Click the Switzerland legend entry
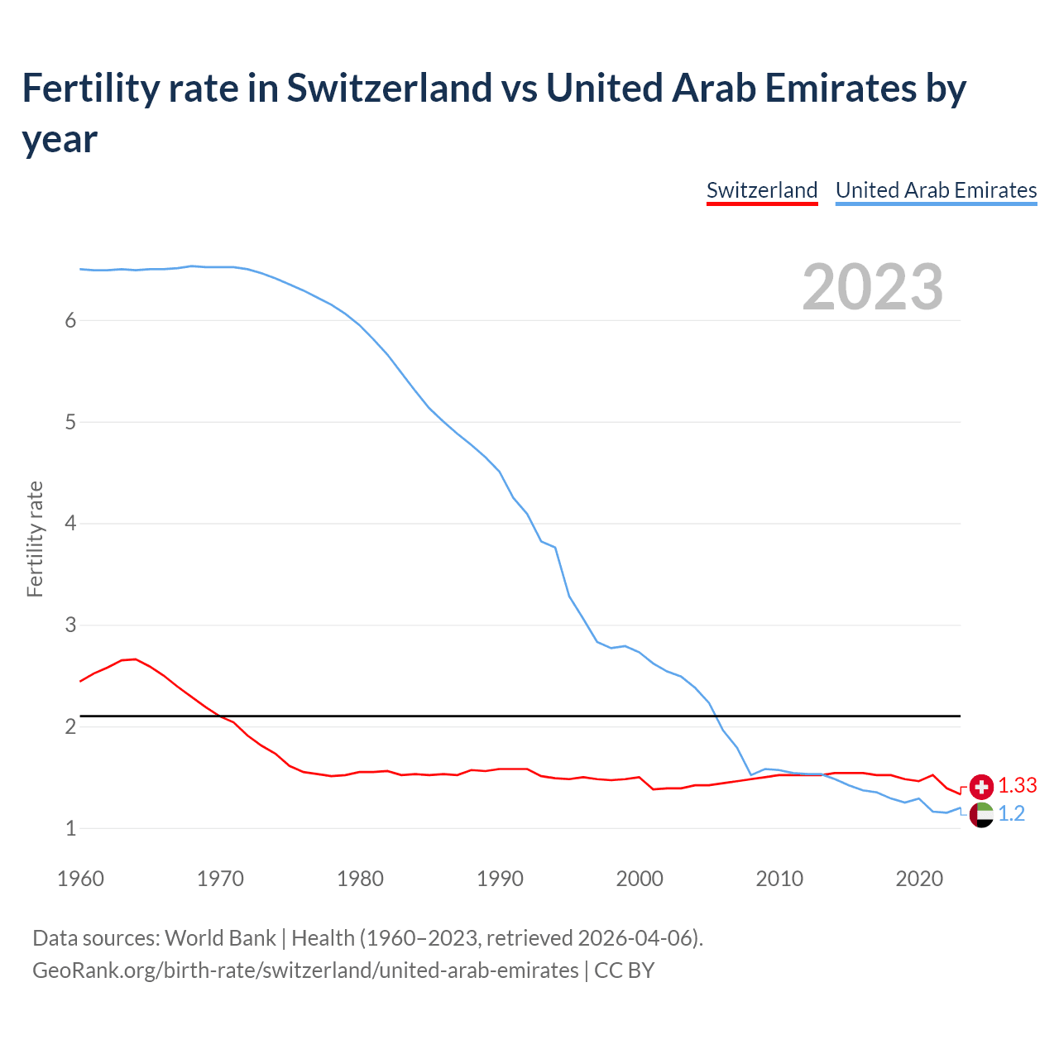(762, 190)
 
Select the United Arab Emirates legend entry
(936, 190)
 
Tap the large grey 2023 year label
(873, 287)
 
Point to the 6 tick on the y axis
(70, 321)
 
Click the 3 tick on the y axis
(70, 625)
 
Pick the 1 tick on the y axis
(70, 828)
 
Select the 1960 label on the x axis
(80, 879)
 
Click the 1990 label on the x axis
(500, 879)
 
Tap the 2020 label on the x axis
(919, 879)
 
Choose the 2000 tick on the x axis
(640, 879)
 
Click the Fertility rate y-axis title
(35, 539)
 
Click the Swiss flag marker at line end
(981, 786)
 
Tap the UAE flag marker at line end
(981, 814)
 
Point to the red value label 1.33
(1018, 786)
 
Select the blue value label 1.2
(1012, 814)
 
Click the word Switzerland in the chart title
(389, 89)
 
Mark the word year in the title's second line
(60, 139)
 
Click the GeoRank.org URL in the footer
(305, 970)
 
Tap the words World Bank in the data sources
(220, 938)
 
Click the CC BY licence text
(625, 970)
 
